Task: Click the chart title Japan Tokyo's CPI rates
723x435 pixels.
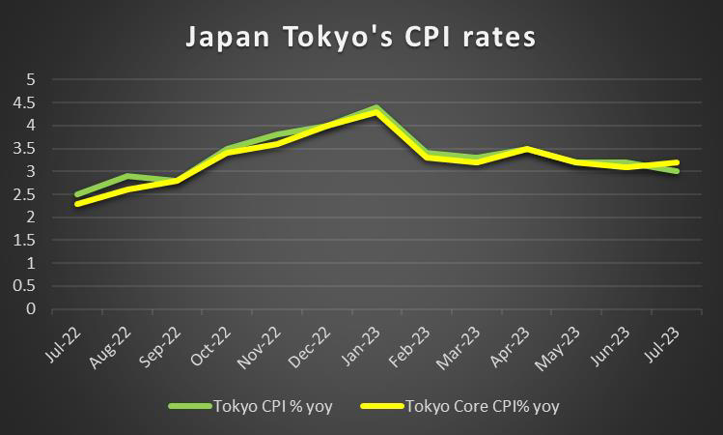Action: tap(361, 39)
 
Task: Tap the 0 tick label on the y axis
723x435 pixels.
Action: tap(30, 309)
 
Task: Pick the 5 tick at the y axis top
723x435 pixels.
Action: tap(30, 78)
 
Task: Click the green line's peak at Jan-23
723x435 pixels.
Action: tap(375, 106)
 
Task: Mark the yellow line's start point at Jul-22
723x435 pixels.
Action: tap(76, 203)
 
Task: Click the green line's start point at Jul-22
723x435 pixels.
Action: tap(76, 194)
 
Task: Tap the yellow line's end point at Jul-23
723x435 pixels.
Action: tap(676, 162)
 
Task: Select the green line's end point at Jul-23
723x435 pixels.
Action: tap(676, 171)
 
